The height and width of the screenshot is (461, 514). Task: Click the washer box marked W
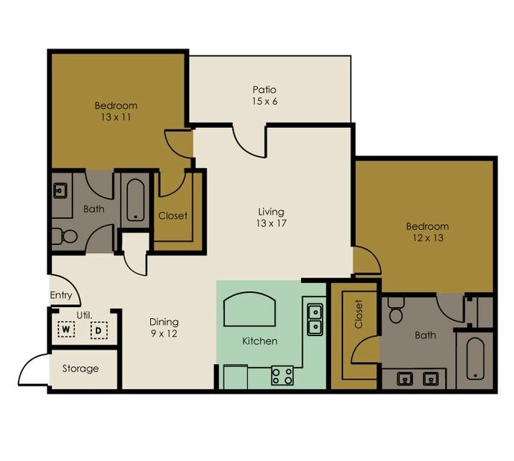click(x=66, y=329)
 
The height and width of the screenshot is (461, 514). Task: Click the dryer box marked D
click(x=97, y=329)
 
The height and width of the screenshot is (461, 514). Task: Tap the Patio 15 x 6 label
click(x=264, y=96)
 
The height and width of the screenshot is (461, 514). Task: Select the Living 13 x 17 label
click(x=271, y=217)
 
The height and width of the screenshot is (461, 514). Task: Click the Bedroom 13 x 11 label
click(x=116, y=111)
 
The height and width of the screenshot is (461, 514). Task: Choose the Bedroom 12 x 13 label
click(x=427, y=232)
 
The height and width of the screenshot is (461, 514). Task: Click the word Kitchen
click(x=259, y=341)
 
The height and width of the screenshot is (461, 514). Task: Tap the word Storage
click(x=80, y=368)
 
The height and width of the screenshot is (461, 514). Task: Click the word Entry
click(x=61, y=295)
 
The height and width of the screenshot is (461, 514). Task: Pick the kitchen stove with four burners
click(x=282, y=375)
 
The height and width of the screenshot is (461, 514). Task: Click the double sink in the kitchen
click(x=315, y=318)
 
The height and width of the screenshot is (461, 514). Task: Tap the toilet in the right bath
click(x=396, y=312)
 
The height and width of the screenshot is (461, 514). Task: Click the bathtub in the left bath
click(x=135, y=199)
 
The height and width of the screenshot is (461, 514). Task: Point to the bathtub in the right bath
click(x=475, y=359)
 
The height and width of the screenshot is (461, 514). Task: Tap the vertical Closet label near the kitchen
click(x=358, y=315)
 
